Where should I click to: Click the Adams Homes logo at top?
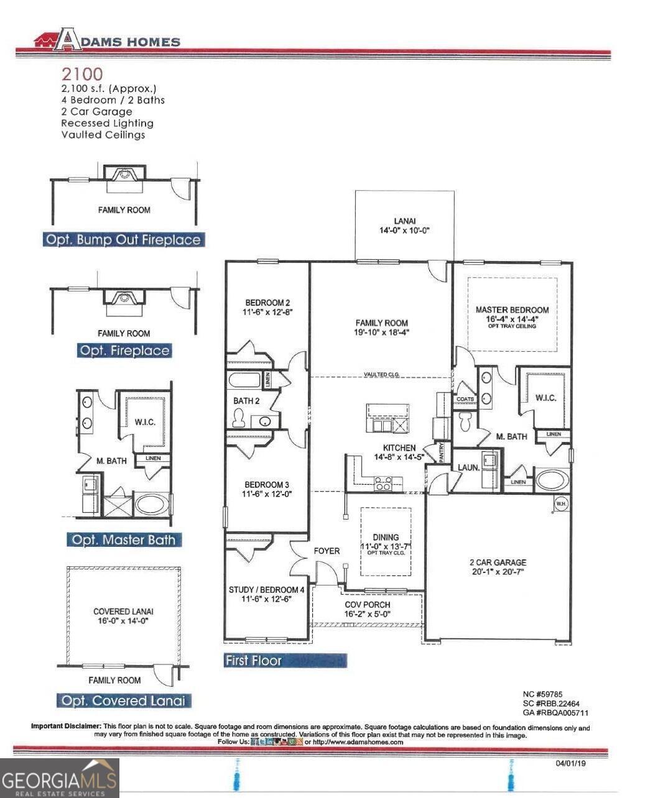tap(106, 40)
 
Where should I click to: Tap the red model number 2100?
tap(82, 75)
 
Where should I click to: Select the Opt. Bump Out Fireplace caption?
tap(124, 240)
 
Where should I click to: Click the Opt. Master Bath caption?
tap(124, 539)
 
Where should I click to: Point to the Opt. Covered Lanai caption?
tap(123, 700)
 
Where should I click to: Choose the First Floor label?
tap(254, 661)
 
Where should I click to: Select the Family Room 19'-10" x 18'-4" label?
tap(381, 327)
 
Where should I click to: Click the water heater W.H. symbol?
tap(560, 504)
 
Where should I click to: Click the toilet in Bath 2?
tap(238, 420)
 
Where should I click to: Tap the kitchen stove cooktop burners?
tap(383, 483)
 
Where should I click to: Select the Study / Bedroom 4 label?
tap(267, 594)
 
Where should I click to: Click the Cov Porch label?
tap(368, 609)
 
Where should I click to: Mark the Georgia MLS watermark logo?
tap(59, 777)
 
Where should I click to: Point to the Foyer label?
tap(327, 551)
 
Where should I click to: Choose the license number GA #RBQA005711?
tap(555, 713)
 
